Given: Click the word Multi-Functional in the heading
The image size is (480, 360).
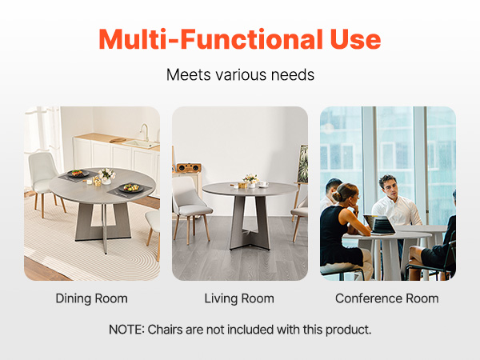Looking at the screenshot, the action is click(210, 39).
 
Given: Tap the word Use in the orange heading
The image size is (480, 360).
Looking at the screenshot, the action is click(355, 39).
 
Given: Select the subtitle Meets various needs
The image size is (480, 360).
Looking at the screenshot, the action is click(240, 74).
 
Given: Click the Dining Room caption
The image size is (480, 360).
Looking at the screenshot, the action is click(91, 298).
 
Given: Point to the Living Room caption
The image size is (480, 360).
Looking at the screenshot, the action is click(239, 298).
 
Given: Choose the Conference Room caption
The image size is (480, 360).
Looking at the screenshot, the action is click(387, 298).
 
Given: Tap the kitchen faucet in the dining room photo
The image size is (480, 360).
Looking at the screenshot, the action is click(145, 132).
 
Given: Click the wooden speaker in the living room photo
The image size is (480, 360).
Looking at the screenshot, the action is click(189, 168).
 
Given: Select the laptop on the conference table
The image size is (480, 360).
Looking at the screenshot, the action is click(379, 225).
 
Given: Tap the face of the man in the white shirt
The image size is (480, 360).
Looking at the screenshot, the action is click(390, 189).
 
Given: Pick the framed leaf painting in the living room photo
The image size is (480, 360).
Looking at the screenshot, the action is click(302, 164).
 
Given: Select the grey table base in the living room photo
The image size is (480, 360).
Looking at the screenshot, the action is click(250, 223).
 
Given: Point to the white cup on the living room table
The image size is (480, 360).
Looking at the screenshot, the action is click(263, 184).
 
